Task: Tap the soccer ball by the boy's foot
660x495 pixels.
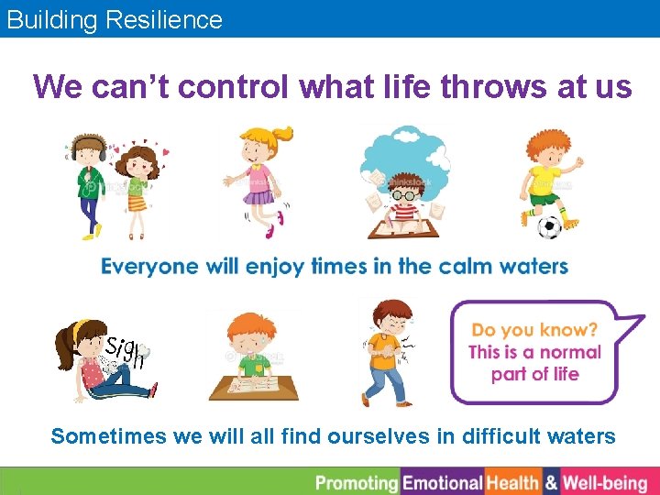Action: (548, 226)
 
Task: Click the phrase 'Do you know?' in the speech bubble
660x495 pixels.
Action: (534, 329)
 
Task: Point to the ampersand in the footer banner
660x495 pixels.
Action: (551, 482)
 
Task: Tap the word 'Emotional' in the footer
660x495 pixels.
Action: (443, 482)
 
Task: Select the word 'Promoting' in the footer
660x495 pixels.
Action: (357, 482)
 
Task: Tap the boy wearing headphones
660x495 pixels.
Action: (90, 183)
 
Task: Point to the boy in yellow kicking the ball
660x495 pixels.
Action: (548, 179)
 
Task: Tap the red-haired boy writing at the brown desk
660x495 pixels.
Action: (253, 357)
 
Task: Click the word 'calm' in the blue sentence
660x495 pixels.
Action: (468, 267)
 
